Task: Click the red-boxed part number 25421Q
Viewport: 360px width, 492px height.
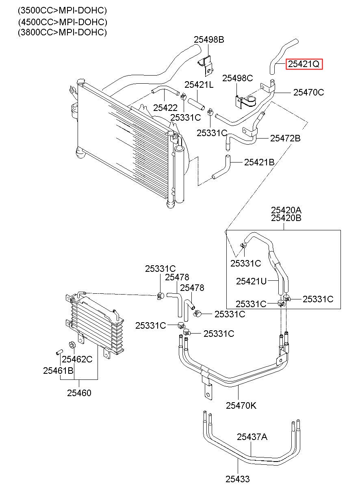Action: pyautogui.click(x=304, y=64)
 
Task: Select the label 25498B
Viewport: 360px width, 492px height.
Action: pyautogui.click(x=209, y=39)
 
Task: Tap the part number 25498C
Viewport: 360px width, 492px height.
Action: pyautogui.click(x=237, y=78)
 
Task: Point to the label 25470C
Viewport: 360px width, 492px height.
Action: pyautogui.click(x=309, y=93)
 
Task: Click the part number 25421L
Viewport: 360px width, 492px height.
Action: pyautogui.click(x=199, y=85)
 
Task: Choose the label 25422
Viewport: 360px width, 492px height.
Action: pyautogui.click(x=165, y=108)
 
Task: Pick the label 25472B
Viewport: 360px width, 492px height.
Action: pyautogui.click(x=285, y=138)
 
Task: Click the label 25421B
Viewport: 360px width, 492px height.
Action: pyautogui.click(x=259, y=163)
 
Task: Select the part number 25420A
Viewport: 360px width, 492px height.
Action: pyautogui.click(x=286, y=210)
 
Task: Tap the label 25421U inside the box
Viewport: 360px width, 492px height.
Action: pyautogui.click(x=251, y=281)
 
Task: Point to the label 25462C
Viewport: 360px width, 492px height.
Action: pyautogui.click(x=77, y=359)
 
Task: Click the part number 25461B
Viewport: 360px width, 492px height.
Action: pyautogui.click(x=58, y=371)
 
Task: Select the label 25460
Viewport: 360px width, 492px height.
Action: pyautogui.click(x=79, y=393)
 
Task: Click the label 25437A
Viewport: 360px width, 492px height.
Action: pyautogui.click(x=252, y=437)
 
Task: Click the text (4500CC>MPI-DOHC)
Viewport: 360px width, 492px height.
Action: pyautogui.click(x=63, y=22)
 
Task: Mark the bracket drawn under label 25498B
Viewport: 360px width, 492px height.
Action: pyautogui.click(x=206, y=65)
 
